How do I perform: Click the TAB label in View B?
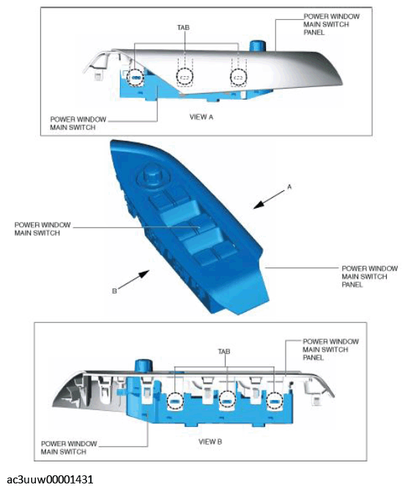coord(224,352)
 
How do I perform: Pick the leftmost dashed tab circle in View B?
coord(176,401)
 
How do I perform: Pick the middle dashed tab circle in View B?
coord(227,401)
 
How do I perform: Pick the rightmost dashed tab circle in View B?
coord(275,401)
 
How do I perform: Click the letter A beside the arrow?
coord(289,188)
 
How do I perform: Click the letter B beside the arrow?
coord(114,291)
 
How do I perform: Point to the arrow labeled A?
coord(267,198)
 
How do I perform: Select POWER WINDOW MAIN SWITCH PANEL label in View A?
coord(327,23)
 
